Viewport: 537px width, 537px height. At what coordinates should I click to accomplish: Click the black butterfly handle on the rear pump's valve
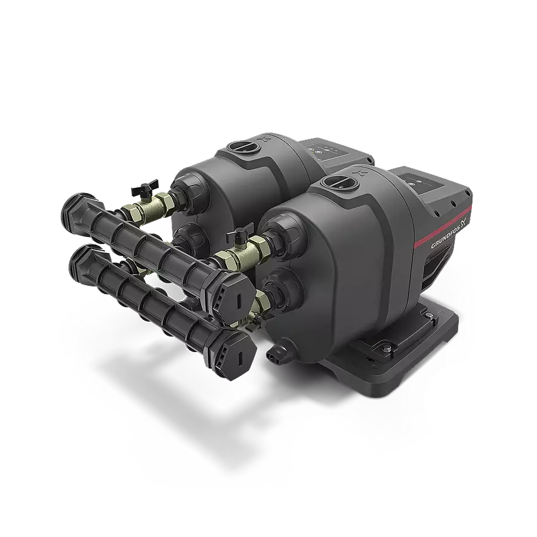click(144, 186)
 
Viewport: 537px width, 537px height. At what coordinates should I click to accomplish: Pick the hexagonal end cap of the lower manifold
click(236, 350)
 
